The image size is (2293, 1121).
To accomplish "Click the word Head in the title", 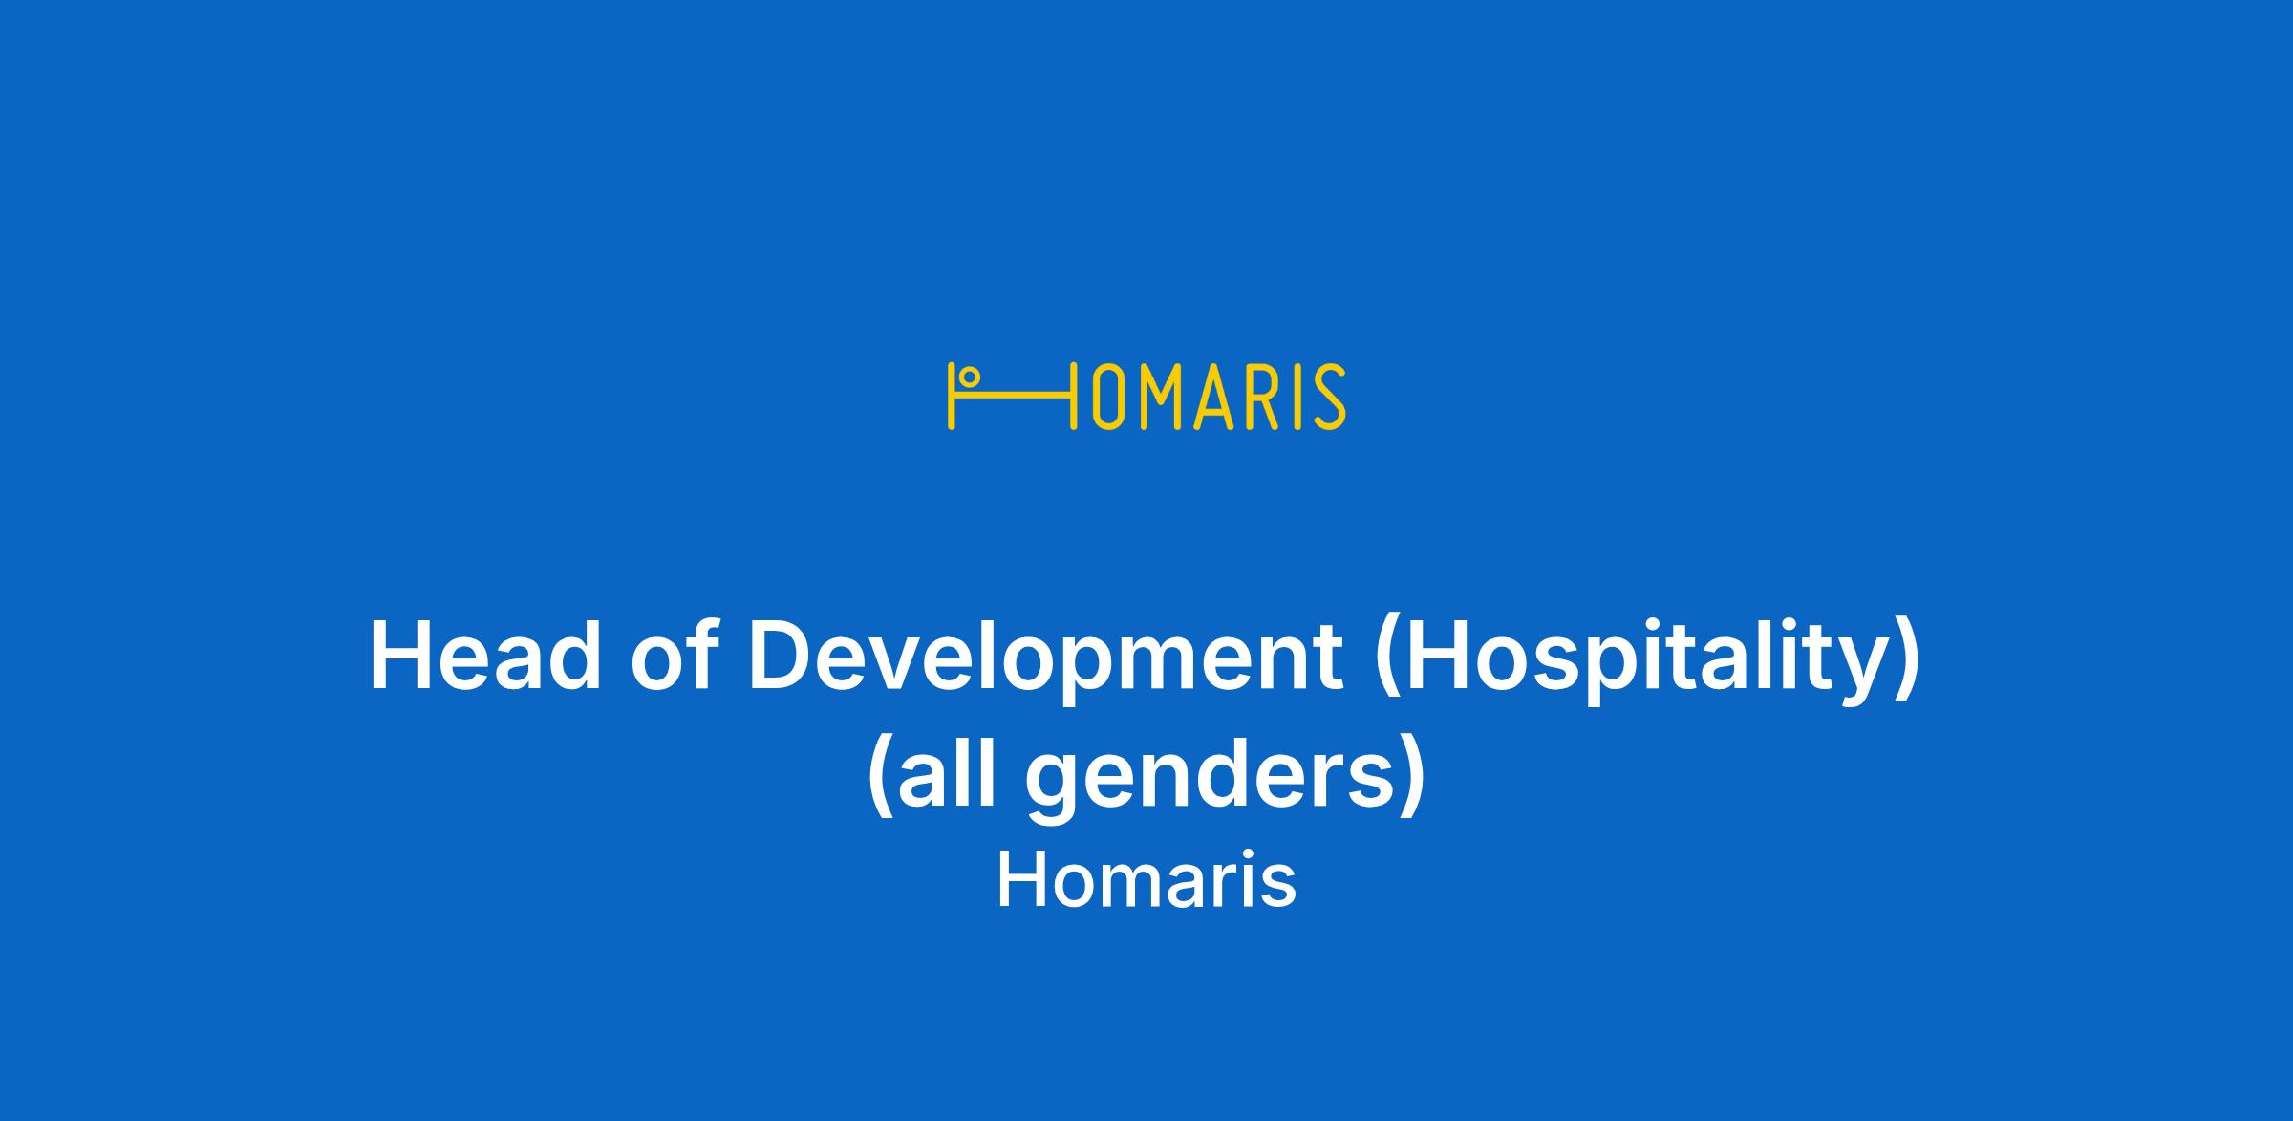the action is pos(485,657).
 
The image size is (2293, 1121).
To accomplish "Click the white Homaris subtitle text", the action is pos(1146,880).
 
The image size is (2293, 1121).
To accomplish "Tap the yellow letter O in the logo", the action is pos(1106,397).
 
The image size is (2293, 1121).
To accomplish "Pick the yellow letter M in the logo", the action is pos(1159,397).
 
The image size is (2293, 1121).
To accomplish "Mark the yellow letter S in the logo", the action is pos(1329,397).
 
